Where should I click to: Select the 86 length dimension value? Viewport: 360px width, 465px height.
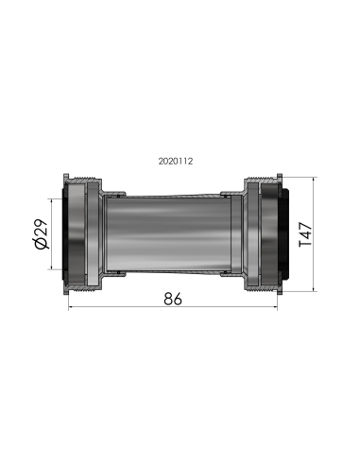coord(172,299)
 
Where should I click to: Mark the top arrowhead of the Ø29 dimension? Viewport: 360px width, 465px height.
coord(48,198)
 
